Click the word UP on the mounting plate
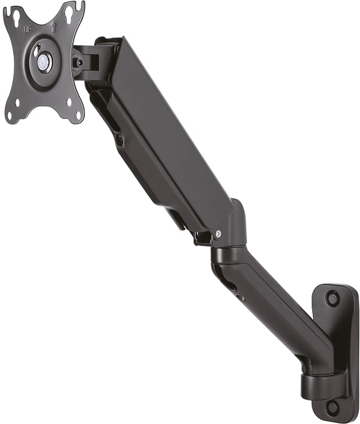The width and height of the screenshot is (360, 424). (x=27, y=30)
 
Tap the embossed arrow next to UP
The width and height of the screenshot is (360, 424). (x=53, y=28)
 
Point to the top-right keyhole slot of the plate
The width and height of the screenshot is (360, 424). (x=68, y=10)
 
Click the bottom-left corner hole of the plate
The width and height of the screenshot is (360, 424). (x=10, y=116)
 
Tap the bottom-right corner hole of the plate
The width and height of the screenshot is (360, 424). (x=78, y=115)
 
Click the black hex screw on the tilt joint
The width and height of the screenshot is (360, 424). (x=79, y=62)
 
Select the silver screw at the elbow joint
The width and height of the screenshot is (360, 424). (x=218, y=233)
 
